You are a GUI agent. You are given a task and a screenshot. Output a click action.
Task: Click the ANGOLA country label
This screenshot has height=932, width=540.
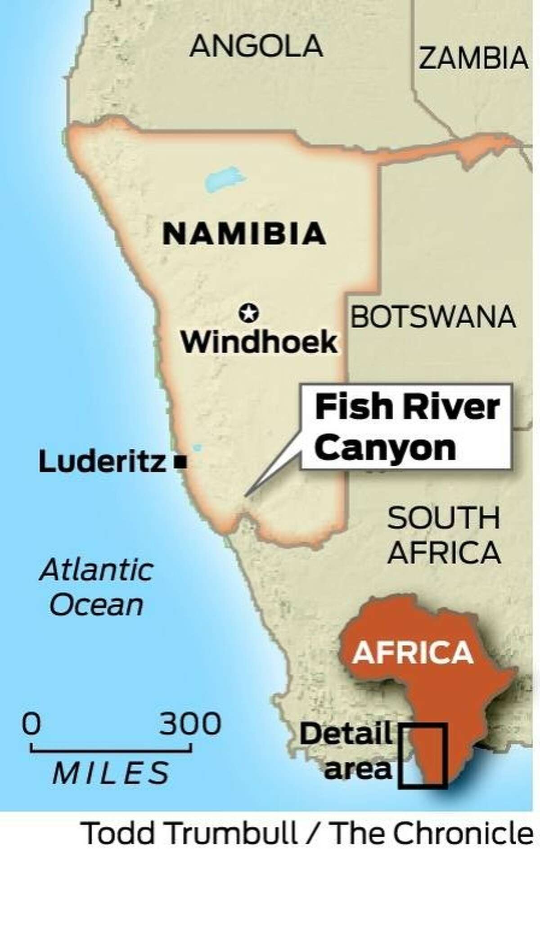256,46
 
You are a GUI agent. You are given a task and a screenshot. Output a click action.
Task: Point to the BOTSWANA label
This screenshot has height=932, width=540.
432,317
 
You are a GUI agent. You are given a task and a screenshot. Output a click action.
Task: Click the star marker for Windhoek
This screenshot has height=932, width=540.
249,313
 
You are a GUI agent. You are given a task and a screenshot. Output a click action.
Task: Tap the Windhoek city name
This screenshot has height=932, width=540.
259,343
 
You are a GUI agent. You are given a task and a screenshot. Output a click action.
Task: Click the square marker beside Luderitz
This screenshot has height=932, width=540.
181,462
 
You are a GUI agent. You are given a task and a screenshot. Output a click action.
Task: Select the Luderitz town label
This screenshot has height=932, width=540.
103,462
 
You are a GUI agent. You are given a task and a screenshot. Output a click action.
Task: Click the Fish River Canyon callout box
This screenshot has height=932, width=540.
407,427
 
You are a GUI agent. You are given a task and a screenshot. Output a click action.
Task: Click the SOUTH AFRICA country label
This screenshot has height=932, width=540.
444,535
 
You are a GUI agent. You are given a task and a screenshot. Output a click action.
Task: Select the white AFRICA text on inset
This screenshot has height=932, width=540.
413,651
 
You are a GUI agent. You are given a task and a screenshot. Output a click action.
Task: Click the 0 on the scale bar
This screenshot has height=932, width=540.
31,724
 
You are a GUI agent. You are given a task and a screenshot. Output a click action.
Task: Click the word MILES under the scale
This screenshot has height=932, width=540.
111,773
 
